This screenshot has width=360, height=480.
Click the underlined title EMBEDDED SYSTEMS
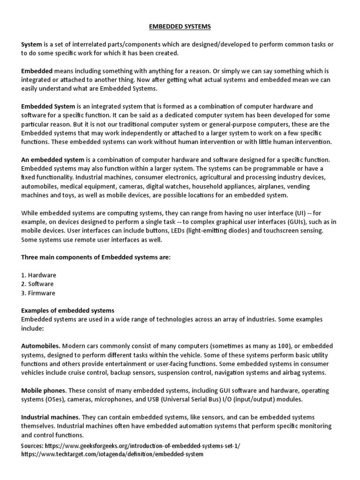pyautogui.click(x=180, y=27)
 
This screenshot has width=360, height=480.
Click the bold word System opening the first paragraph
pyautogui.click(x=31, y=45)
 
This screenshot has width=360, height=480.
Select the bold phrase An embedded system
pyautogui.click(x=52, y=160)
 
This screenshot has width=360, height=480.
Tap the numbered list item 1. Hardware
pyautogui.click(x=38, y=275)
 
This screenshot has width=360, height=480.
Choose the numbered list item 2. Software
pyautogui.click(x=37, y=284)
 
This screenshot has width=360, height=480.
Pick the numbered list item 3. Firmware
pyautogui.click(x=38, y=293)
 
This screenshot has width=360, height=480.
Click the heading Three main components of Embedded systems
pyautogui.click(x=96, y=257)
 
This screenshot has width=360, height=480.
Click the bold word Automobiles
pyautogui.click(x=41, y=346)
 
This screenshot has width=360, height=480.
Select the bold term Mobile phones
pyautogui.click(x=44, y=391)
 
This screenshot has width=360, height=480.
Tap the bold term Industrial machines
pyautogui.click(x=50, y=417)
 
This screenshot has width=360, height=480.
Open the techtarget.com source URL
pyautogui.click(x=112, y=454)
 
